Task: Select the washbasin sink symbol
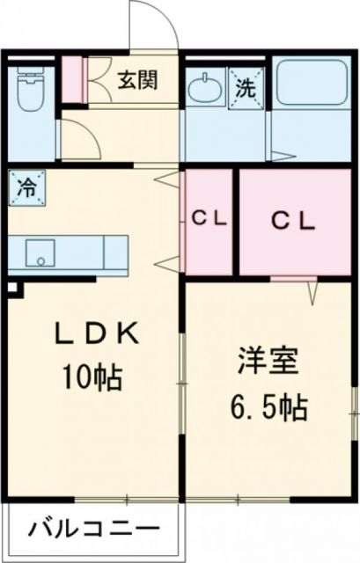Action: [x=205, y=89]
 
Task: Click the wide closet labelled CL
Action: [x=292, y=221]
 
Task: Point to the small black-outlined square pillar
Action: [x=11, y=286]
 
